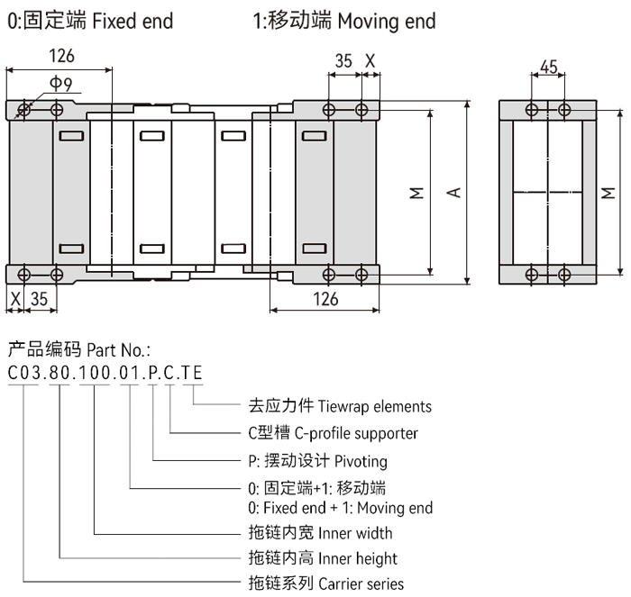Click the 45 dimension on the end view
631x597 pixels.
548,66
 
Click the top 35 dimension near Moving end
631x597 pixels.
343,61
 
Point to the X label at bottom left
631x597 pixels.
14,298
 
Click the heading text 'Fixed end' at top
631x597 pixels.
133,19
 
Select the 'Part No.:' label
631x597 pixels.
117,348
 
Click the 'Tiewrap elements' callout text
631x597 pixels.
380,406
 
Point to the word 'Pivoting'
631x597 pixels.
361,461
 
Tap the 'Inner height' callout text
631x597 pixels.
358,558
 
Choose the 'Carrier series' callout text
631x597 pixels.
361,583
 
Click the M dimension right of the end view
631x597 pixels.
608,192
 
